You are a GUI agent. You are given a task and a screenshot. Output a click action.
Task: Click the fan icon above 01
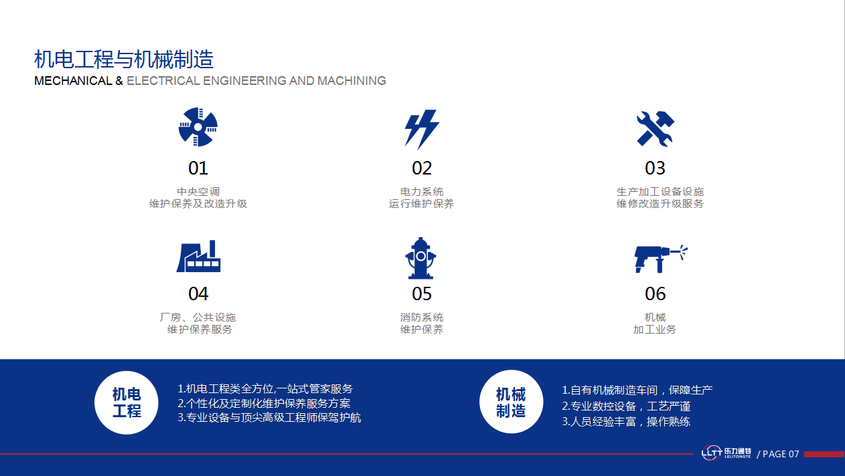click(x=198, y=127)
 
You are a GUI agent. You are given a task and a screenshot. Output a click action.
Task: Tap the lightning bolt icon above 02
click(x=421, y=129)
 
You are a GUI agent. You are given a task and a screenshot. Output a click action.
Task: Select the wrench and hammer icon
click(x=656, y=128)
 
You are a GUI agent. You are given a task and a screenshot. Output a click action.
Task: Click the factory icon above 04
click(x=198, y=256)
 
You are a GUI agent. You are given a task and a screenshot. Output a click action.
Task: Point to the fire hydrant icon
click(x=420, y=258)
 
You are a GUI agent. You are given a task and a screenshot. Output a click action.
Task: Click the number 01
click(x=198, y=168)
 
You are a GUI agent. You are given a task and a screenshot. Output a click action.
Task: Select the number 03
click(x=655, y=168)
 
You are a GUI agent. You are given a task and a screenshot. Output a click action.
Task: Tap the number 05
click(x=422, y=293)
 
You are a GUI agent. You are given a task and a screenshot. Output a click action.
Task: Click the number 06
click(x=656, y=293)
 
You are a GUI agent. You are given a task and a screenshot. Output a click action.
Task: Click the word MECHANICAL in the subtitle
click(x=73, y=81)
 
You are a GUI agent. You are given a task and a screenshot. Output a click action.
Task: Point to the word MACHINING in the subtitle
click(x=352, y=81)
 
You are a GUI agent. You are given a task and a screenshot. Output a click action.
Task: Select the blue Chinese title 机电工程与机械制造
click(x=124, y=59)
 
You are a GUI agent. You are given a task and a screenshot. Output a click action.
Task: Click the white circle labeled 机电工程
click(x=127, y=402)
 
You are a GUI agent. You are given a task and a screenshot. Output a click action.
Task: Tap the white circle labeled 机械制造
click(x=511, y=402)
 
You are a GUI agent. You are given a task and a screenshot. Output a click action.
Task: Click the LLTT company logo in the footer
click(x=726, y=453)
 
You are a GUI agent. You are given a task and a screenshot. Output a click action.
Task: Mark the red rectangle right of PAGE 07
click(x=824, y=454)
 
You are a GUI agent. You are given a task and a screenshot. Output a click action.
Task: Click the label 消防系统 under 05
click(x=422, y=318)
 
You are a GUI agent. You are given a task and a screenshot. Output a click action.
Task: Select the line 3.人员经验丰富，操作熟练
click(x=626, y=422)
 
